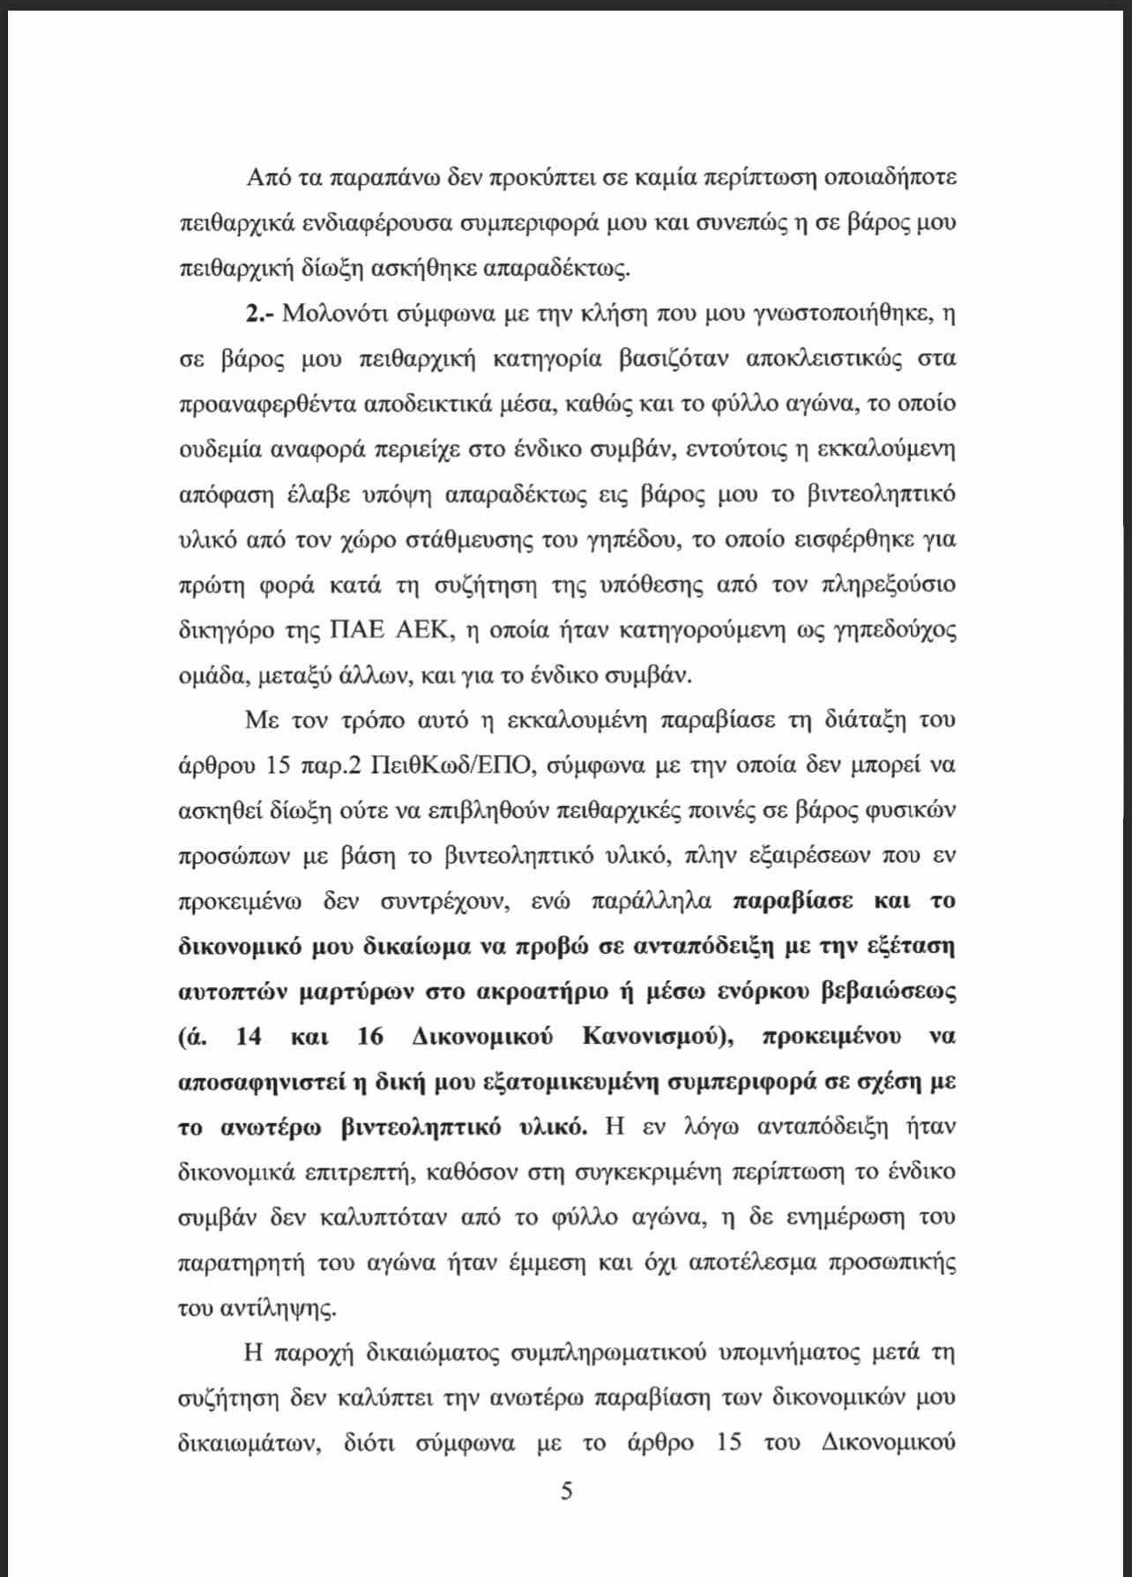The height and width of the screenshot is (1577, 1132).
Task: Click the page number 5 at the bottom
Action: [566, 1491]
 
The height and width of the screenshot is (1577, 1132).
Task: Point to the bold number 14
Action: [249, 1036]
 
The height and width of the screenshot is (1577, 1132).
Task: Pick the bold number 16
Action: [371, 1036]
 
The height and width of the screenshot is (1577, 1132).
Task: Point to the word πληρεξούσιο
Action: [875, 585]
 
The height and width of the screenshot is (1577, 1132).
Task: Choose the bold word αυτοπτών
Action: [233, 991]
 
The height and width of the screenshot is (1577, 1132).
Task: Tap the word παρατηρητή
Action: [235, 1263]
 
